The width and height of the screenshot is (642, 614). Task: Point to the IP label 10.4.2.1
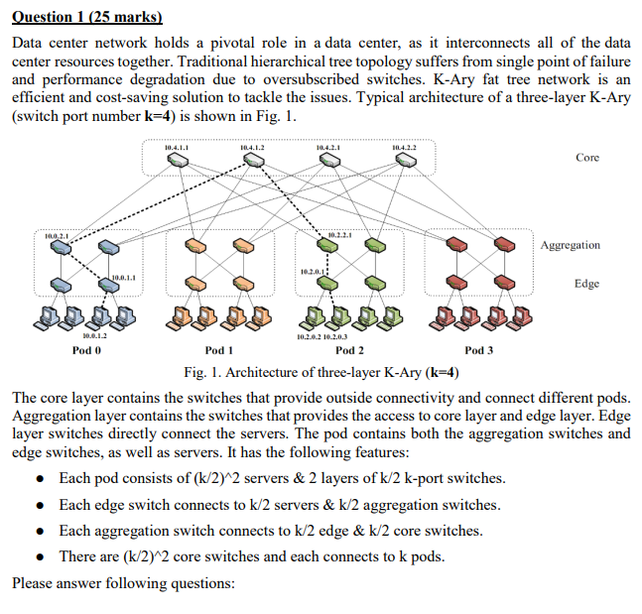[328, 148]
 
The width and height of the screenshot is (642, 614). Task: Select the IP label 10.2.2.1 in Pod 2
[339, 234]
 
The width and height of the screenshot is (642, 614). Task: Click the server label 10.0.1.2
[95, 337]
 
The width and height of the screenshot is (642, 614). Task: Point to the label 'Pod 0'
[87, 351]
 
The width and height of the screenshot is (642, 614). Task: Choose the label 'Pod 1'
[218, 351]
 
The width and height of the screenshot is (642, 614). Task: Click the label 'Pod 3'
[479, 351]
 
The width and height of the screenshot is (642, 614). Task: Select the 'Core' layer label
[586, 158]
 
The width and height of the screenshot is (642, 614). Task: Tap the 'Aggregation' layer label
[571, 245]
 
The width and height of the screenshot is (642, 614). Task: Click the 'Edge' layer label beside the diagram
[585, 284]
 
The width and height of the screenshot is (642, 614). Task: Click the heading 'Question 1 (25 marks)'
[86, 18]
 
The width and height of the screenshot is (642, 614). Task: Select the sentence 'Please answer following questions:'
[123, 582]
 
